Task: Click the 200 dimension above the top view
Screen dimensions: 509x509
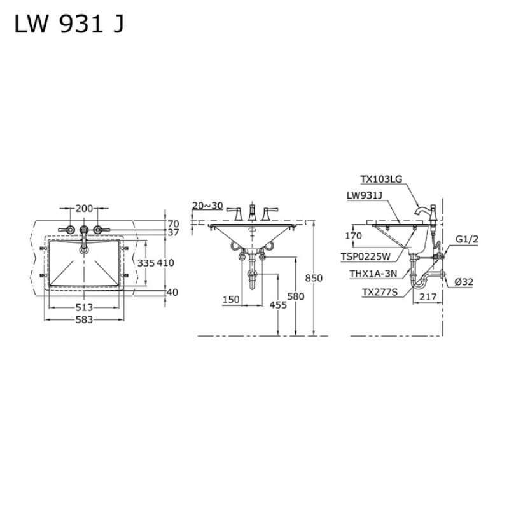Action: pyautogui.click(x=84, y=208)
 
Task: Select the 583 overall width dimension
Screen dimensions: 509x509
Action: pyautogui.click(x=84, y=319)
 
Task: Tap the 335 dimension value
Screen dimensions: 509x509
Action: pyautogui.click(x=146, y=263)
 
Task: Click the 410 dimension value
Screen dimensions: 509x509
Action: pyautogui.click(x=165, y=263)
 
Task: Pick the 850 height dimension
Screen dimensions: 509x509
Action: pyautogui.click(x=314, y=278)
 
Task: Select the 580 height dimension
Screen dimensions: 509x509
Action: pyautogui.click(x=296, y=296)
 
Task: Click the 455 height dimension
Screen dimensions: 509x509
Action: pyautogui.click(x=278, y=305)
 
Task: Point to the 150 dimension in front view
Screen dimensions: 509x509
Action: pyautogui.click(x=232, y=300)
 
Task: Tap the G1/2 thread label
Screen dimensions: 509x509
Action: pyautogui.click(x=466, y=240)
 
